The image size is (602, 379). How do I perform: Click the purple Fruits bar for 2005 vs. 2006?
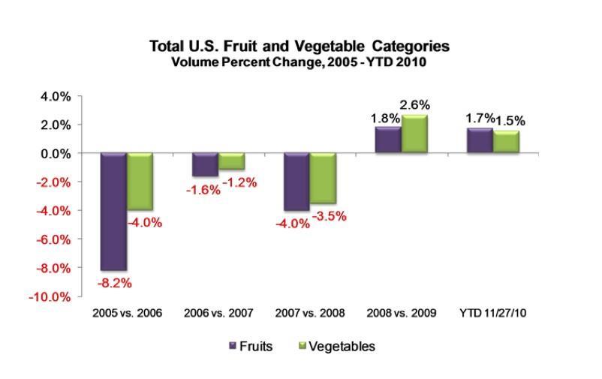[113, 211]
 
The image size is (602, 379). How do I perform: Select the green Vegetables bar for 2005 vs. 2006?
[139, 182]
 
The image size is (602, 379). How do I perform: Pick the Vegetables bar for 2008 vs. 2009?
[413, 134]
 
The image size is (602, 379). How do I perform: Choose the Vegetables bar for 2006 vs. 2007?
[231, 161]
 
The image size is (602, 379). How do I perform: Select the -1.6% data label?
[203, 189]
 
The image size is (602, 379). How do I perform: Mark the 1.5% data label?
[510, 121]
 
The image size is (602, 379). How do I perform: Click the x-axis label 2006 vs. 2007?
[218, 311]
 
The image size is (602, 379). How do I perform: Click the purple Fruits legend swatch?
[232, 347]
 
